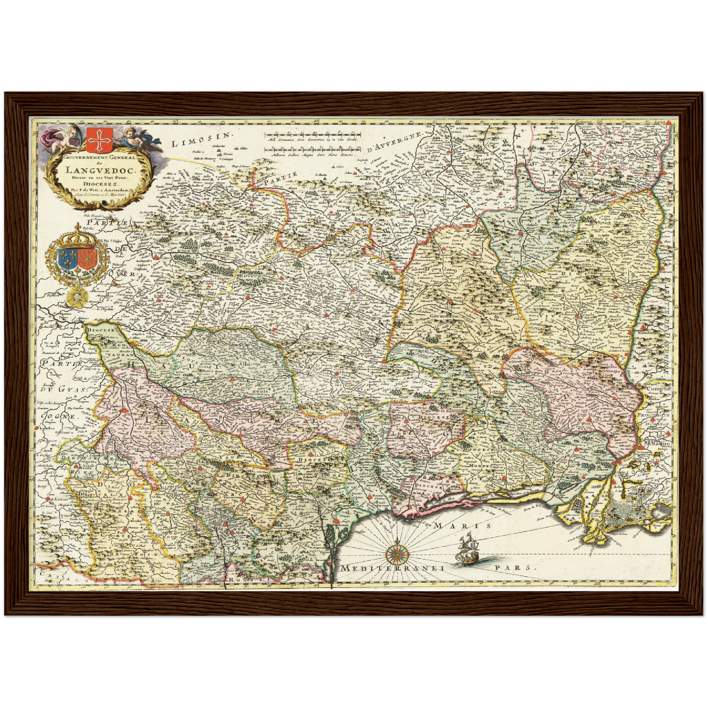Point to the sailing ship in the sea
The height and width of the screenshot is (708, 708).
point(468,549)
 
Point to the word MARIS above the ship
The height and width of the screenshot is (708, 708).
point(462,526)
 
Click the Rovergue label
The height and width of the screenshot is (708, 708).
point(251,276)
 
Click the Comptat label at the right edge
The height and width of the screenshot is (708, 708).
point(658,390)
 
